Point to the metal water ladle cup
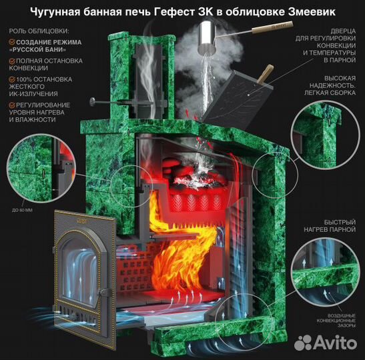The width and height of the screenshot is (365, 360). [206, 33]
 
